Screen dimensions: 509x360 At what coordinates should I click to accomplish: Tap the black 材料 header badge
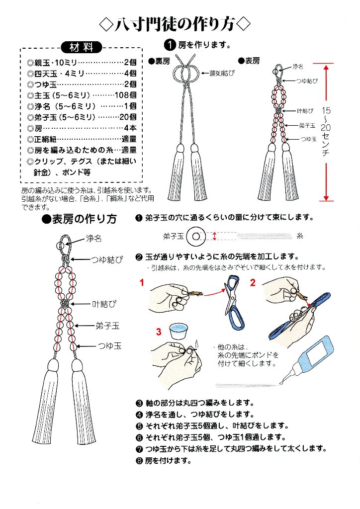pyautogui.click(x=81, y=48)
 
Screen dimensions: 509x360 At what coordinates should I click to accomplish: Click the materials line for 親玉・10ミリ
pyautogui.click(x=82, y=63)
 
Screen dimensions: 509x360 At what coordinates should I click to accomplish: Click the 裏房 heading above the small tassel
pyautogui.click(x=160, y=61)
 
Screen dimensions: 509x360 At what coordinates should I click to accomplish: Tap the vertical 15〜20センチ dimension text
pyautogui.click(x=326, y=132)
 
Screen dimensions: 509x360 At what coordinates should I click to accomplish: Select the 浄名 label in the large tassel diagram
pyautogui.click(x=93, y=239)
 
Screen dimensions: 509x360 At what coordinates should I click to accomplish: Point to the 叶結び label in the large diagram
pyautogui.click(x=103, y=303)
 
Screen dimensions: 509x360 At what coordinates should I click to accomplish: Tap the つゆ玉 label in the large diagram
pyautogui.click(x=108, y=345)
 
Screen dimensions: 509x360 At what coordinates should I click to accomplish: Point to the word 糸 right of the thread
pyautogui.click(x=300, y=235)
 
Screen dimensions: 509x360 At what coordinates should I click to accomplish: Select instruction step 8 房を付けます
pyautogui.click(x=164, y=460)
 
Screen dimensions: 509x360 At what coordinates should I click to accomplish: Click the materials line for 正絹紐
pyautogui.click(x=82, y=139)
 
